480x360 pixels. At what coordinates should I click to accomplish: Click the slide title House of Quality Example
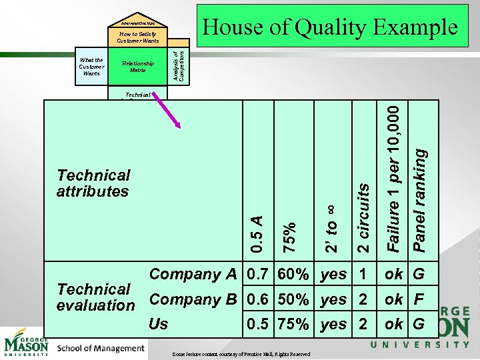(330, 27)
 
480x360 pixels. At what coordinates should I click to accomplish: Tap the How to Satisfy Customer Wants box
(138, 37)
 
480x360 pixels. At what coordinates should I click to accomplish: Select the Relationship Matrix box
(138, 67)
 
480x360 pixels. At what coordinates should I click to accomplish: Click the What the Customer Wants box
(91, 67)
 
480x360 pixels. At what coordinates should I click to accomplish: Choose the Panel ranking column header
(420, 200)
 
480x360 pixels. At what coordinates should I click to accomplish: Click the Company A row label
(193, 274)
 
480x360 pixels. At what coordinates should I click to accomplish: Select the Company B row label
(193, 299)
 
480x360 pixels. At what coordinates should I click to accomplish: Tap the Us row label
(159, 325)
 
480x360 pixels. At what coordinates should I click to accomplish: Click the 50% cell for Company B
(293, 299)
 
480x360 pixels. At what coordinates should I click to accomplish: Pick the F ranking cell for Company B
(419, 299)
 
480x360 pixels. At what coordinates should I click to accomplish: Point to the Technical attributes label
(93, 183)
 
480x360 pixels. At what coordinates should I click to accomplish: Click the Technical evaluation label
(95, 297)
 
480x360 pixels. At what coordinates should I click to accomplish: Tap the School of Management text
(101, 348)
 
